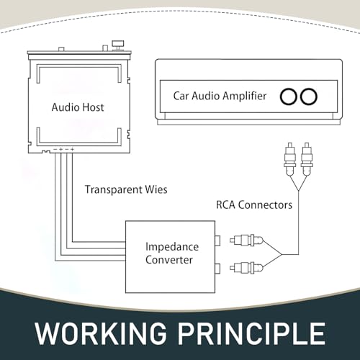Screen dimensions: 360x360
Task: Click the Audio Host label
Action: pyautogui.click(x=78, y=107)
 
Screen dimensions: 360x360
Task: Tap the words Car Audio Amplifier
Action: pyautogui.click(x=220, y=96)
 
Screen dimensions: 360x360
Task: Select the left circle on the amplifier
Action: pyautogui.click(x=289, y=96)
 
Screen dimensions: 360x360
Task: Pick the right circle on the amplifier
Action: pyautogui.click(x=309, y=96)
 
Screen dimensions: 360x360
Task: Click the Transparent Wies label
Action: pyautogui.click(x=126, y=189)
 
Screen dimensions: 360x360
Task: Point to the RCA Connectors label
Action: pyautogui.click(x=254, y=205)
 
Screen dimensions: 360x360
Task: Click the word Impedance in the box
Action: pyautogui.click(x=172, y=247)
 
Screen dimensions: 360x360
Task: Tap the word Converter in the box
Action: pyautogui.click(x=169, y=260)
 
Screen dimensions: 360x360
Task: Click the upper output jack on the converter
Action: pyautogui.click(x=217, y=240)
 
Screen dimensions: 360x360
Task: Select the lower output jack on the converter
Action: pyautogui.click(x=217, y=269)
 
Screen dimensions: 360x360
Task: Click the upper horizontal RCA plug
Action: pyautogui.click(x=246, y=240)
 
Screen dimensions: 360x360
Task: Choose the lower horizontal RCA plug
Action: pyautogui.click(x=246, y=268)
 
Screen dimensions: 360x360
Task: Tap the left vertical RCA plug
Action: pyautogui.click(x=290, y=159)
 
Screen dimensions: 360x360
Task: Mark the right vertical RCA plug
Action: pyautogui.click(x=307, y=159)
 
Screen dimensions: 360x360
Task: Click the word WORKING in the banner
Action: pyautogui.click(x=101, y=333)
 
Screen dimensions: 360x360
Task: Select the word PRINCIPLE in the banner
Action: pyautogui.click(x=251, y=333)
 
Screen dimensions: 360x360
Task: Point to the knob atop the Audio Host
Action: pyautogui.click(x=118, y=45)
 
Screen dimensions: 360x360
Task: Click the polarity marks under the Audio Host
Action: pyautogui.click(x=63, y=149)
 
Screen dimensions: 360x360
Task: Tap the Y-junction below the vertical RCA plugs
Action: pyautogui.click(x=298, y=190)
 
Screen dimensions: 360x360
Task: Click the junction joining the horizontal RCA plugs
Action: pyautogui.click(x=282, y=254)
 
